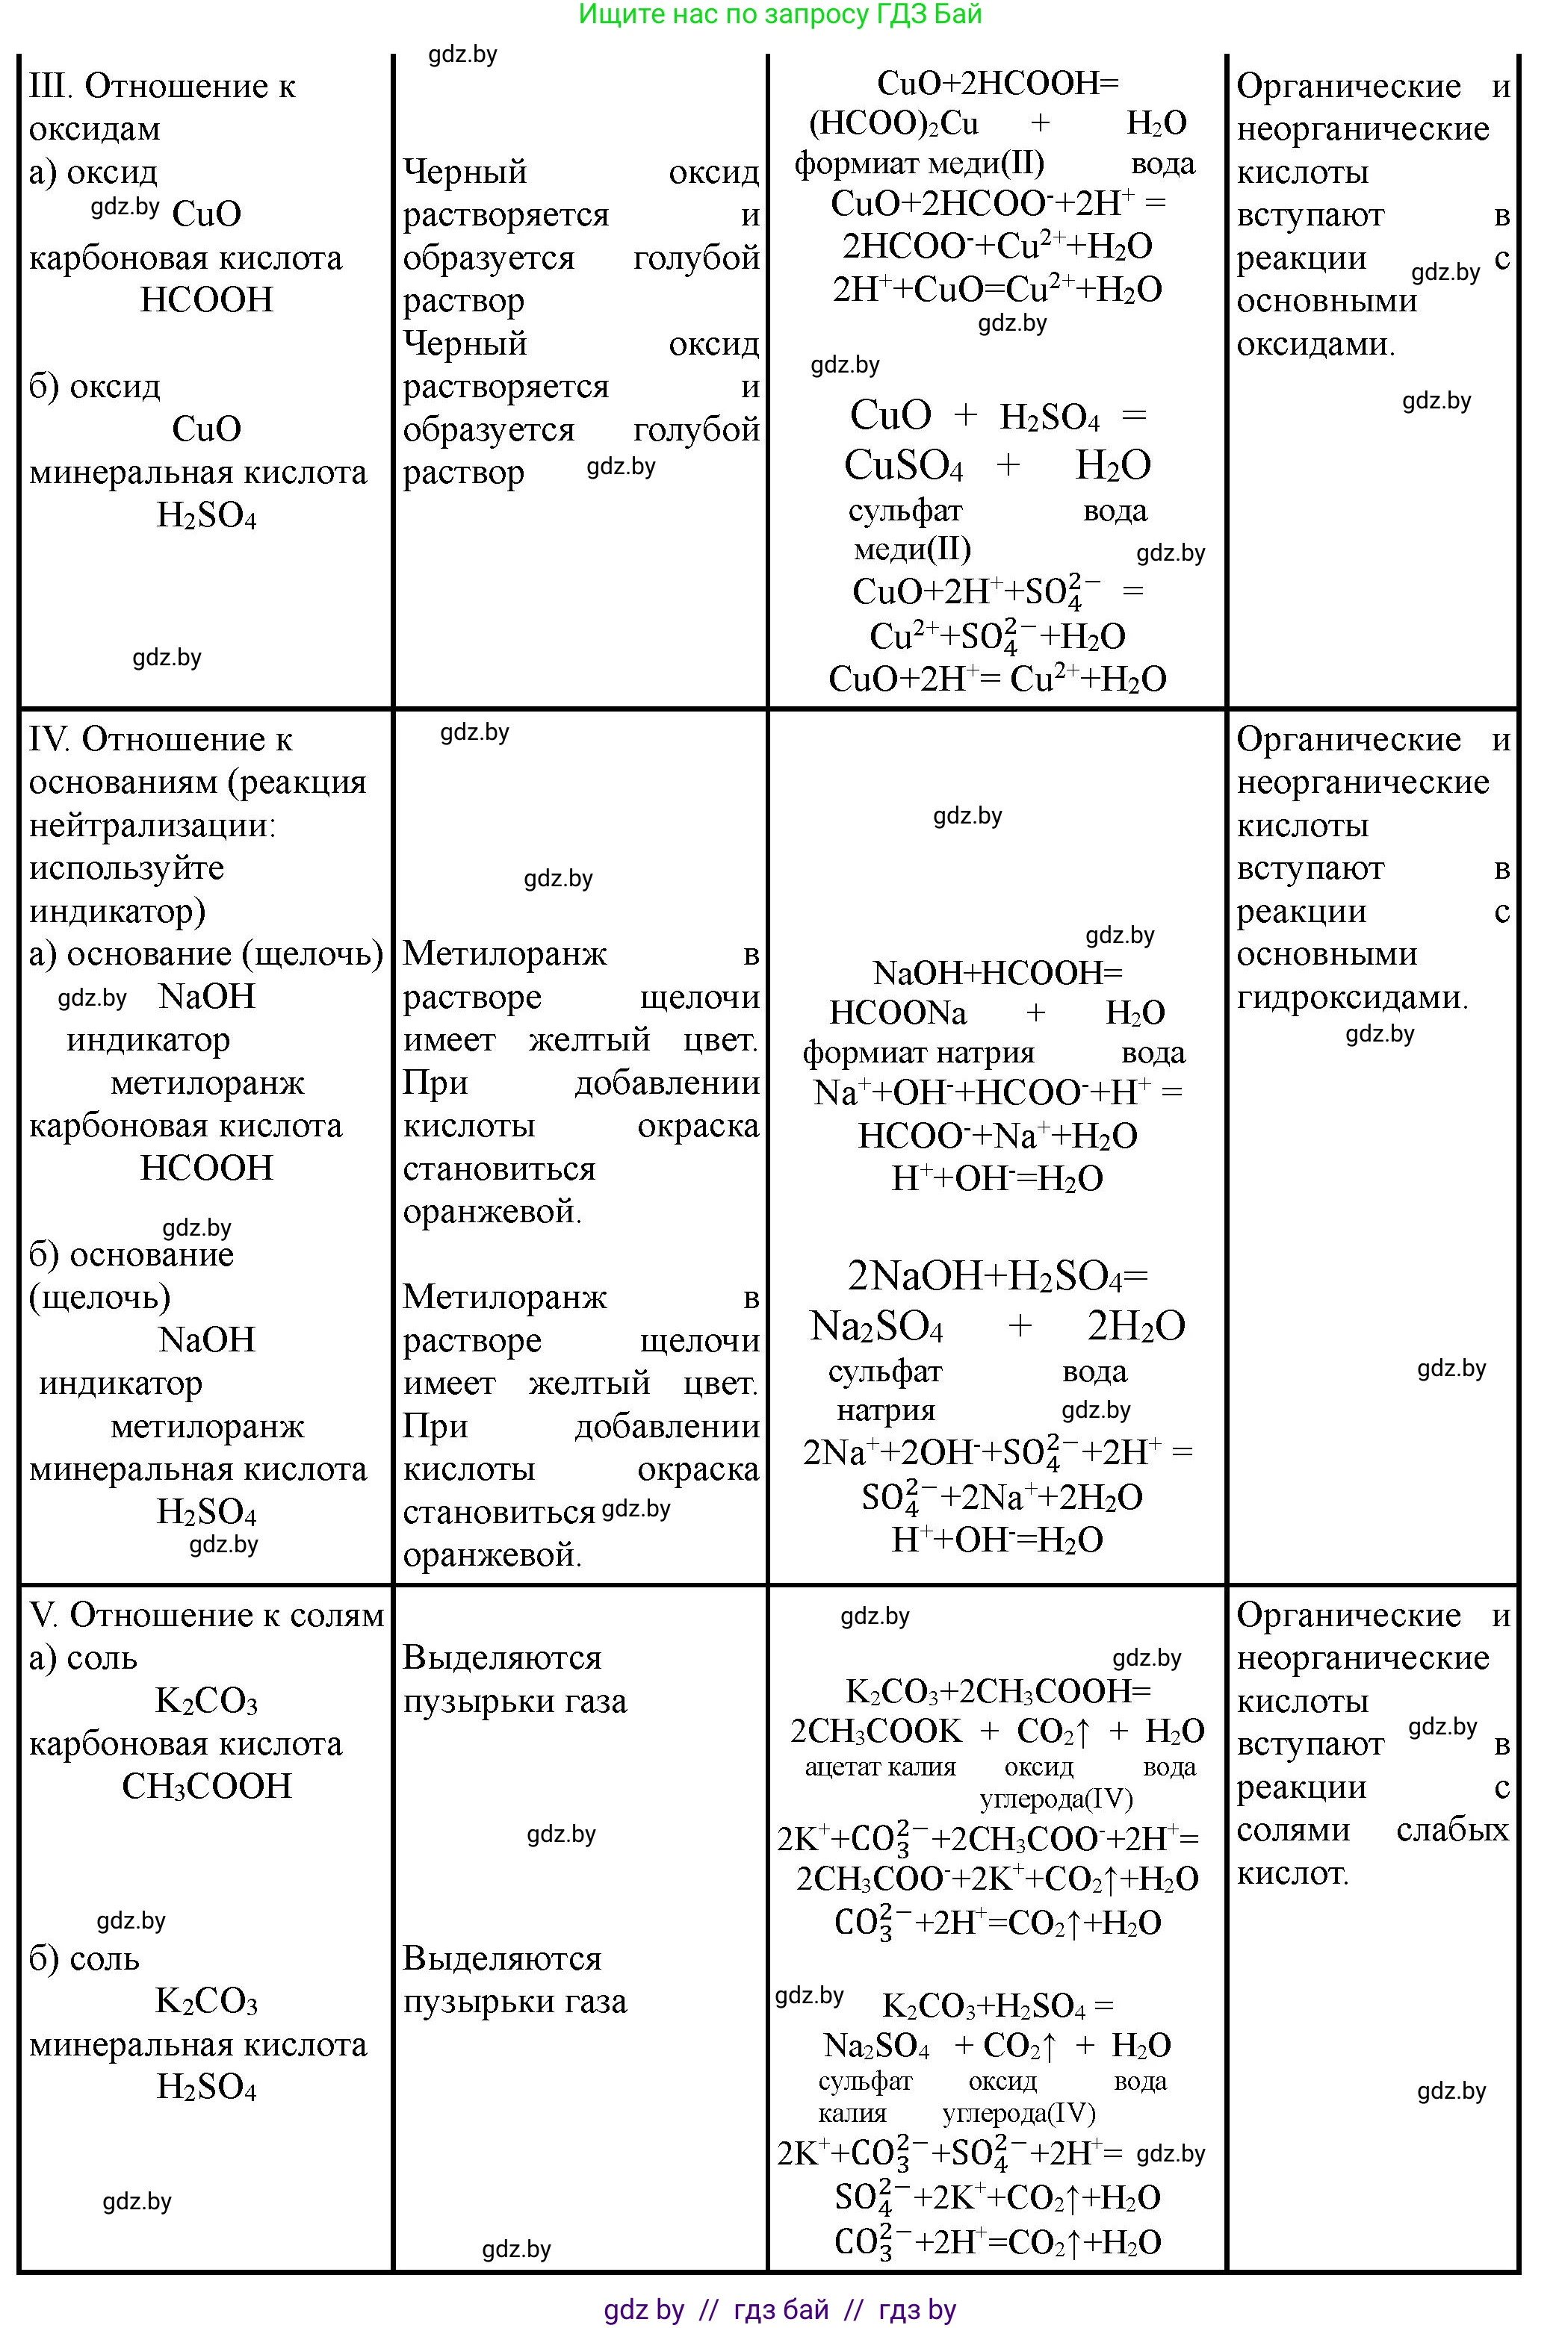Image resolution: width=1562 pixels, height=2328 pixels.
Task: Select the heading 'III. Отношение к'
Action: point(162,87)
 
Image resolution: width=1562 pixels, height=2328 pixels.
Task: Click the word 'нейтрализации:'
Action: point(152,826)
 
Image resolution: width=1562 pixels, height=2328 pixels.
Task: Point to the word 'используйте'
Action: point(126,868)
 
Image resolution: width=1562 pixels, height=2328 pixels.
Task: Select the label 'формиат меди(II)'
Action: point(919,164)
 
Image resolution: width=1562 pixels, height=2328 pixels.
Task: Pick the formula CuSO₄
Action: point(904,465)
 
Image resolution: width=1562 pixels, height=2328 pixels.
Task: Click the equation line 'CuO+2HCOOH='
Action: point(998,83)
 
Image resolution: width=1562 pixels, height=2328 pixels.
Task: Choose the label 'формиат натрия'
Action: point(919,1053)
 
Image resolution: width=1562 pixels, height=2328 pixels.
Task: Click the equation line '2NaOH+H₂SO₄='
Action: point(997,1275)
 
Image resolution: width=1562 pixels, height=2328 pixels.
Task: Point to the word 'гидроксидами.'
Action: point(1352,997)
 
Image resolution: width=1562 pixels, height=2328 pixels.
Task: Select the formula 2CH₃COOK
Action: point(875,1731)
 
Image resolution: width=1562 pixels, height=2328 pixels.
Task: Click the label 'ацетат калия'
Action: point(880,1767)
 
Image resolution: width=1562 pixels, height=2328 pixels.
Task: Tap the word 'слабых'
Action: point(1452,1830)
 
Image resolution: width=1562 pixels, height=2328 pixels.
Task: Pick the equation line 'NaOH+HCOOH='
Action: point(997,973)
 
